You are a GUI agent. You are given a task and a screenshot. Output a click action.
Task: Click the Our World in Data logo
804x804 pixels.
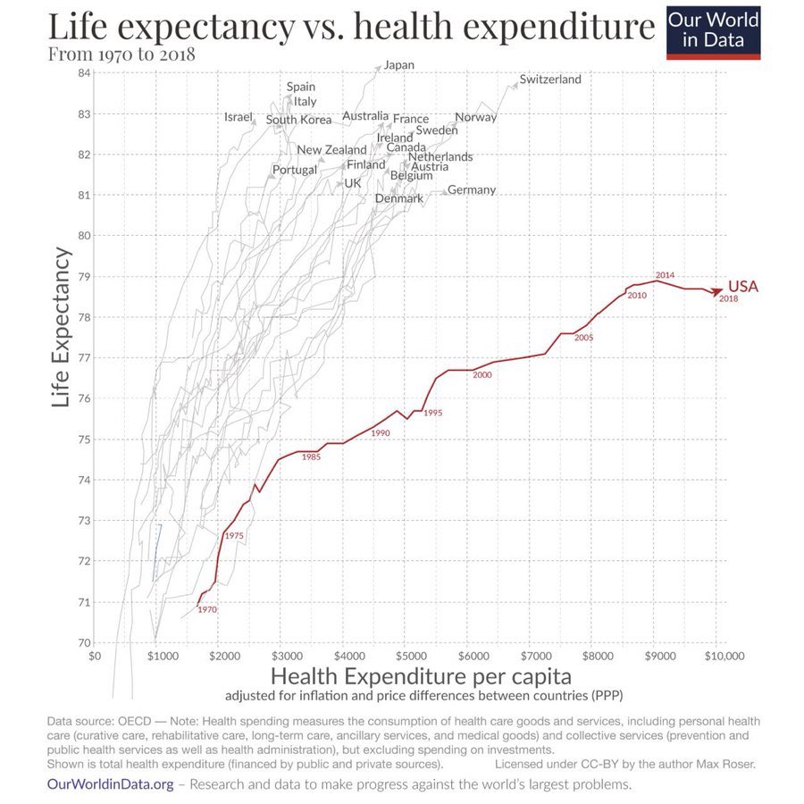tap(713, 30)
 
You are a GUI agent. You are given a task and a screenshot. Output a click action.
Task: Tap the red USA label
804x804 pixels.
tap(742, 286)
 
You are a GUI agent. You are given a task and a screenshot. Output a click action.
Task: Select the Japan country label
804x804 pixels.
tap(398, 64)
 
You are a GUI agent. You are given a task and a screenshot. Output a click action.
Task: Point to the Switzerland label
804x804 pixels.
tap(549, 79)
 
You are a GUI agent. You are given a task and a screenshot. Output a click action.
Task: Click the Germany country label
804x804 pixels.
tap(471, 189)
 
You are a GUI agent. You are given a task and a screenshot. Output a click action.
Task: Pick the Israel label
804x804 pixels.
tap(239, 117)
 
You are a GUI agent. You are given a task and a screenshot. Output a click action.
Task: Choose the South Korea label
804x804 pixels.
tap(298, 120)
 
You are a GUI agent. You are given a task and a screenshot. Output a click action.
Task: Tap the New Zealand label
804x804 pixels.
tap(331, 149)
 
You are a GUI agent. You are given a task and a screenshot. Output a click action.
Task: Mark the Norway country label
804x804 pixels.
tap(475, 117)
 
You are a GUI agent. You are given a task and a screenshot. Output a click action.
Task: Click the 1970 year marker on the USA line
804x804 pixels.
tap(207, 609)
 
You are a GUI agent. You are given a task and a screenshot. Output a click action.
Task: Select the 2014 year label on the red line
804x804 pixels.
tap(665, 274)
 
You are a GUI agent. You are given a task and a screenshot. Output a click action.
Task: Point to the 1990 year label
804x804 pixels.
tap(381, 432)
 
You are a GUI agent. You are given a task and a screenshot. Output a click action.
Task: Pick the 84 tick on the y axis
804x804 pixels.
tap(83, 72)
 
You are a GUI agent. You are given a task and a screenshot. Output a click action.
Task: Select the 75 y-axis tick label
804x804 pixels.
tap(83, 439)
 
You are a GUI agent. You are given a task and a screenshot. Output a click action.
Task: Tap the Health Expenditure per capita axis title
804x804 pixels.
tap(420, 675)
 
